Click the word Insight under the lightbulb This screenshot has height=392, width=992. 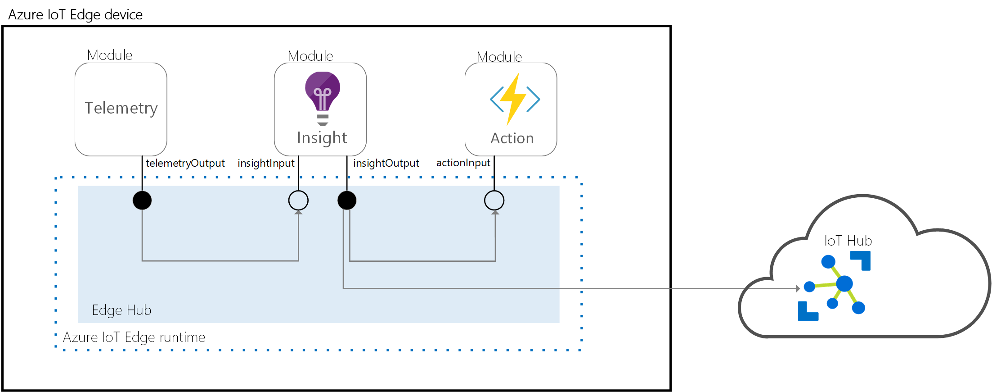322,138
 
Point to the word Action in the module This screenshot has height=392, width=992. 512,138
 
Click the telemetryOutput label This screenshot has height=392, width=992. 185,163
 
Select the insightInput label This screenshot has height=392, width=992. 266,163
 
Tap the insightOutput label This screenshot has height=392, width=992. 386,163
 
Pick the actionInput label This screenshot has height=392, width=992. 463,163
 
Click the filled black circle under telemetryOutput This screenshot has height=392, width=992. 142,201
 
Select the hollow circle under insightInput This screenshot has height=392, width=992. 298,201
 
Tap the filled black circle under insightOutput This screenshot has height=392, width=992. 347,201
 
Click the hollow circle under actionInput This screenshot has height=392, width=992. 494,201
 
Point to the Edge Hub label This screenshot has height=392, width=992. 121,310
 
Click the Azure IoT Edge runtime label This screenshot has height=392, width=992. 134,337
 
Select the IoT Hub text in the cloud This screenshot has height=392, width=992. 848,241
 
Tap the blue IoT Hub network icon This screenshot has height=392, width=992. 835,287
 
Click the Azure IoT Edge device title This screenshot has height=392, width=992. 75,15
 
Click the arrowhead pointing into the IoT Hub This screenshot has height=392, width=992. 798,288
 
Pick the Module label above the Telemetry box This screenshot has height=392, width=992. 110,55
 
